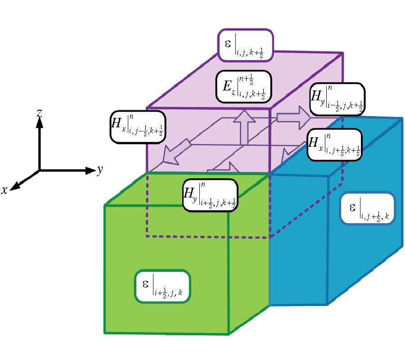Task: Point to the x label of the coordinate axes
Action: (x=4, y=190)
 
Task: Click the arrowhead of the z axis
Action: (x=40, y=124)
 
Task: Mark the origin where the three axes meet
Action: (x=40, y=171)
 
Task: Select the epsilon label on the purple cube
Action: (x=246, y=45)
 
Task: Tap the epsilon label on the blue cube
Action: (x=368, y=208)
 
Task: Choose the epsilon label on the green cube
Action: (x=162, y=286)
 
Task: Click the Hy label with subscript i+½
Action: (x=210, y=194)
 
